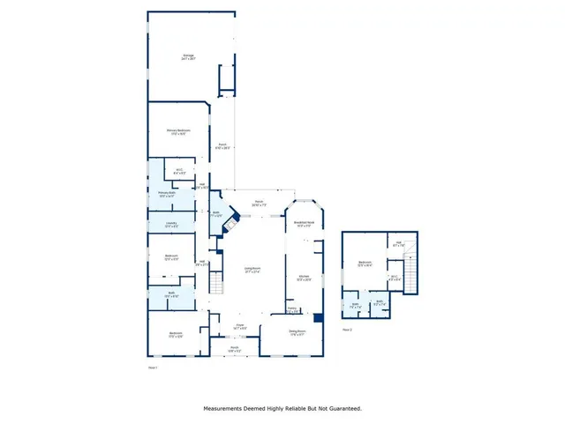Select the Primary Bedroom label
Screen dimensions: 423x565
coord(179,131)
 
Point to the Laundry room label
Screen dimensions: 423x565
coord(172,225)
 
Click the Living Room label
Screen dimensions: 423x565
coord(251,271)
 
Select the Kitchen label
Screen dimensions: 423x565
coord(303,278)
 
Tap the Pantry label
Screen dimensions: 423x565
coord(292,309)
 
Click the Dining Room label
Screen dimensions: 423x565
coord(298,333)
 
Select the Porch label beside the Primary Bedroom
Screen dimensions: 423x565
coord(223,146)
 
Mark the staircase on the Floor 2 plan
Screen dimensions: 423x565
coord(410,263)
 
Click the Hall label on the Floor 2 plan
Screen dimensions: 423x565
coord(398,243)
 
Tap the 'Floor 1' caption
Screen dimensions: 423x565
coord(153,366)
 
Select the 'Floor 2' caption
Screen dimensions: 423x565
coord(347,329)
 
